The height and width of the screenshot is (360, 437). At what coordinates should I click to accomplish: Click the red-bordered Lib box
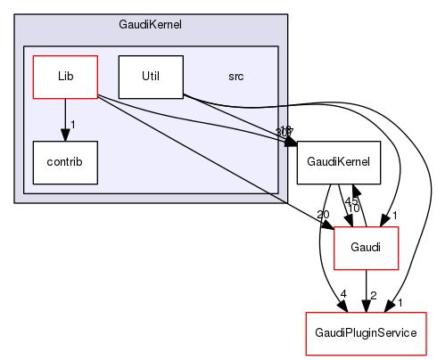click(64, 77)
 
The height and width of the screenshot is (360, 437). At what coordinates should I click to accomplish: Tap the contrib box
click(64, 162)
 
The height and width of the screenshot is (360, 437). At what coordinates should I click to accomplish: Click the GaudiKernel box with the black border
click(339, 162)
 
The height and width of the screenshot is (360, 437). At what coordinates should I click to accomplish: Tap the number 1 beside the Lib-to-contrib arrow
click(73, 123)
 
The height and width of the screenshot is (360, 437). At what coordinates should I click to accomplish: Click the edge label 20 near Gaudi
click(323, 214)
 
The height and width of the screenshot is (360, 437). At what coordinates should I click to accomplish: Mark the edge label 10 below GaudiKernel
click(354, 208)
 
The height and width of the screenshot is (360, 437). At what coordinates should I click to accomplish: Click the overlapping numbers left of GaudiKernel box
click(286, 131)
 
